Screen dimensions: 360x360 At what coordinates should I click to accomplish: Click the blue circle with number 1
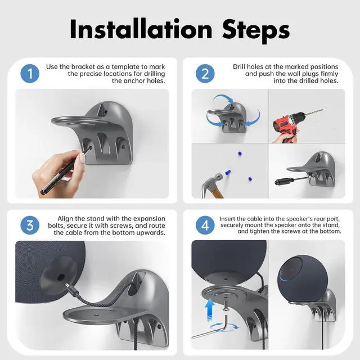point(30,74)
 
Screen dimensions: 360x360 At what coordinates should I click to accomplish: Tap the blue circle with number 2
point(205,74)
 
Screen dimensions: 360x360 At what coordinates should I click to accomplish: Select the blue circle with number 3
point(30,225)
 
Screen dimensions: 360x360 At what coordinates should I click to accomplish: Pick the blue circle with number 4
point(205,225)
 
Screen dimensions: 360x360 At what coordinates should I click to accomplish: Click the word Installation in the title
point(141,29)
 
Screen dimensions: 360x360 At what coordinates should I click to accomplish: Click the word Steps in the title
point(256,31)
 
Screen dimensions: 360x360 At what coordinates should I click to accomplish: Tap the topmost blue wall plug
point(240,154)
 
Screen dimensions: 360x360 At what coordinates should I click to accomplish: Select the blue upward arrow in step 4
point(210,309)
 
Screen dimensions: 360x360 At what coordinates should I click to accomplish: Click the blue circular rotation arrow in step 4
point(224,327)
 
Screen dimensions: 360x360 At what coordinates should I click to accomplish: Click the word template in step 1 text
point(125,67)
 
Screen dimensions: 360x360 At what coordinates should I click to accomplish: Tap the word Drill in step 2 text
point(240,66)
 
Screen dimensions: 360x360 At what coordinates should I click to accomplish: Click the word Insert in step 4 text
point(227,219)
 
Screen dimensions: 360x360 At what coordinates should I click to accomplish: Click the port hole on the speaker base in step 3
point(61,277)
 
